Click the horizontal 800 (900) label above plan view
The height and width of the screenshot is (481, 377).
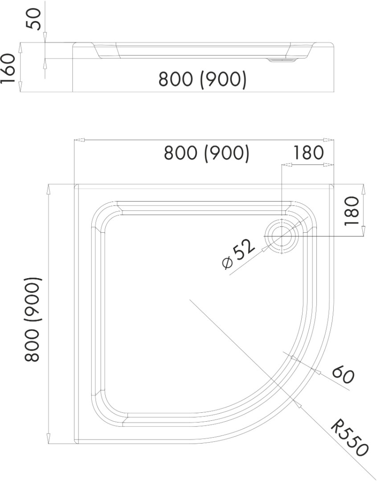[207, 153]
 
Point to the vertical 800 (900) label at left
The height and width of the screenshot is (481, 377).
[32, 319]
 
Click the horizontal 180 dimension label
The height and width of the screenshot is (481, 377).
[308, 152]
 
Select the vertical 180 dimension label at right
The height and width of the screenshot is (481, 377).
[352, 211]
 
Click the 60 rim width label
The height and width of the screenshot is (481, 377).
[343, 374]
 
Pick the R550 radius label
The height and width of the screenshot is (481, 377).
[349, 440]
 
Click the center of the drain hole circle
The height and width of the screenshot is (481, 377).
[281, 236]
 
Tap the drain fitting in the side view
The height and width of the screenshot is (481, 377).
[282, 61]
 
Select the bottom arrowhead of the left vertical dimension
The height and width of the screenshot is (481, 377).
[49, 438]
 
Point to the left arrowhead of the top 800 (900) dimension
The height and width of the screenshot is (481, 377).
[79, 140]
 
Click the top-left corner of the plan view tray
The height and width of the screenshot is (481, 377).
[74, 184]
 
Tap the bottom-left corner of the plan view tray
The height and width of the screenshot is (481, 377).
[74, 444]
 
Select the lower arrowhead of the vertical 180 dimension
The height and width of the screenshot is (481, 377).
[364, 231]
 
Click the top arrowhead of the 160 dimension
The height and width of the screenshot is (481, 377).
[20, 48]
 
